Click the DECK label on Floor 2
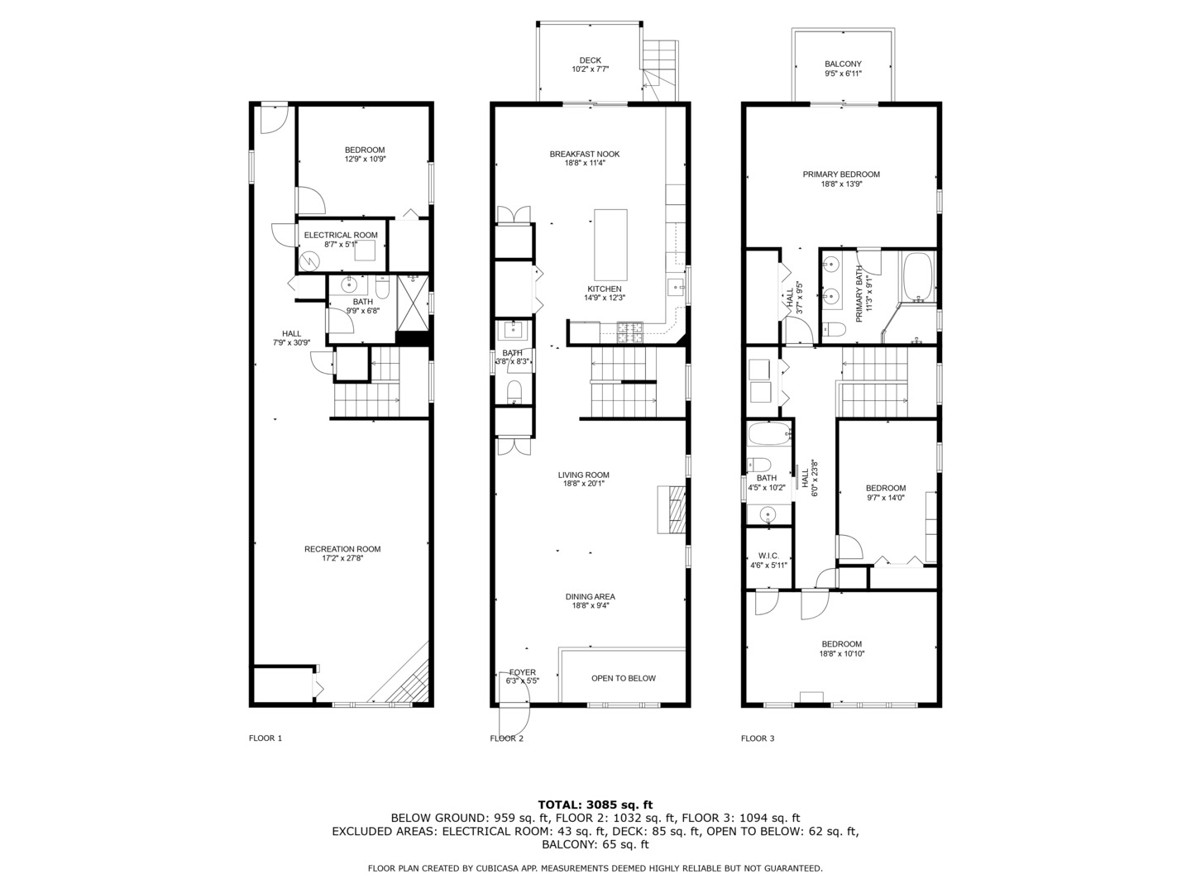click(x=590, y=60)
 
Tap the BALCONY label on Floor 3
click(x=843, y=64)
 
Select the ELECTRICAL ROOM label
click(x=340, y=236)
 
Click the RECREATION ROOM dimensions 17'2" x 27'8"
click(x=342, y=558)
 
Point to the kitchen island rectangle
click(x=610, y=245)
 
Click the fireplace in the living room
click(x=672, y=509)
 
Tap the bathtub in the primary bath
click(x=917, y=276)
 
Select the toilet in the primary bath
click(x=834, y=329)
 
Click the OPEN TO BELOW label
click(x=624, y=678)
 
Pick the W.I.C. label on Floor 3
click(x=768, y=556)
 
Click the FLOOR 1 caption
click(x=265, y=738)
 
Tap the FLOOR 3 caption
click(x=758, y=738)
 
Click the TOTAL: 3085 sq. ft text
click(x=595, y=805)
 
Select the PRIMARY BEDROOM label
click(x=841, y=174)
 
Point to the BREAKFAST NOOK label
click(x=585, y=154)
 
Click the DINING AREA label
click(x=590, y=597)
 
